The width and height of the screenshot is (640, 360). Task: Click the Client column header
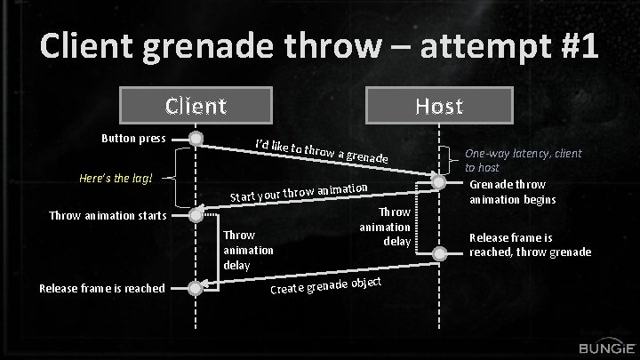[196, 107]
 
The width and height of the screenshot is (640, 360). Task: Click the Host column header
[439, 107]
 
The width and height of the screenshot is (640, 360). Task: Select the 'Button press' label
[133, 139]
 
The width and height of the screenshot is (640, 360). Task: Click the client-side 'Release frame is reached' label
[102, 287]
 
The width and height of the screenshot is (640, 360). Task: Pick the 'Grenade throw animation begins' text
[512, 192]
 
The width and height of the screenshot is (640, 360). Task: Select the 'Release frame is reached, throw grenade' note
[530, 245]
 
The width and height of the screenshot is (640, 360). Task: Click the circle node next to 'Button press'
[196, 139]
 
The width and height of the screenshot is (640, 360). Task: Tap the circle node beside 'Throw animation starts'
[196, 214]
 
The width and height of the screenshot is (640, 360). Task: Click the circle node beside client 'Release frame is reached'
[196, 286]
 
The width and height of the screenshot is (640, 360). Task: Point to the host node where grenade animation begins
[438, 181]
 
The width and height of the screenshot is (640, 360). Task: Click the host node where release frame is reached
[438, 254]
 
